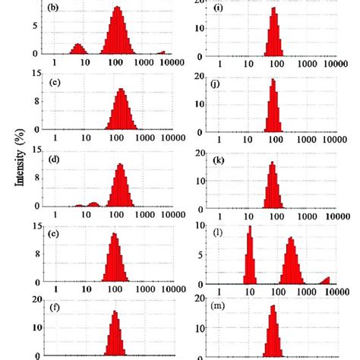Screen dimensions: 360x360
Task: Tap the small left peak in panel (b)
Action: (x=77, y=49)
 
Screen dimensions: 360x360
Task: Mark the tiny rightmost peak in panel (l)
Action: (x=327, y=280)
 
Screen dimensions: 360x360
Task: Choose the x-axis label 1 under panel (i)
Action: (x=220, y=65)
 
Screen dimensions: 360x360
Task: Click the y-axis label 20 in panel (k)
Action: (x=198, y=153)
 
